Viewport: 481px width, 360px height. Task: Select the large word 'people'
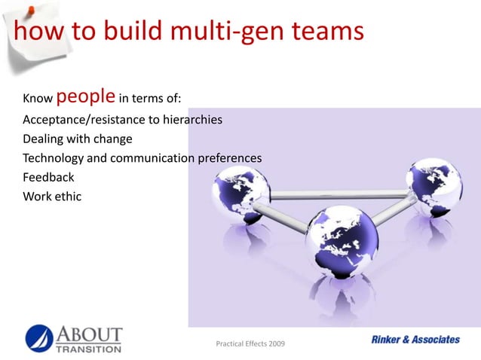point(86,97)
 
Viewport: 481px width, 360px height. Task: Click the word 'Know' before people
point(38,99)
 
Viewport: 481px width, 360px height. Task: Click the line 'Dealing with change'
point(78,139)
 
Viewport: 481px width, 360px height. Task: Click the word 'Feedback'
point(48,178)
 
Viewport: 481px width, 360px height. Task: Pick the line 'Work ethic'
point(52,197)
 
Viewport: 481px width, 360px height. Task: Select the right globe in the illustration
point(433,187)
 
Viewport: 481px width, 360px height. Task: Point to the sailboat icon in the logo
point(40,337)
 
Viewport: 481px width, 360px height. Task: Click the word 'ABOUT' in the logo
point(87,333)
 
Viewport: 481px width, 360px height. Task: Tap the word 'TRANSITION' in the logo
point(87,349)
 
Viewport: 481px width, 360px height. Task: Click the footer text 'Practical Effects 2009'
point(251,345)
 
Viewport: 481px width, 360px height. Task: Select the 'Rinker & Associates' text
point(415,340)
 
